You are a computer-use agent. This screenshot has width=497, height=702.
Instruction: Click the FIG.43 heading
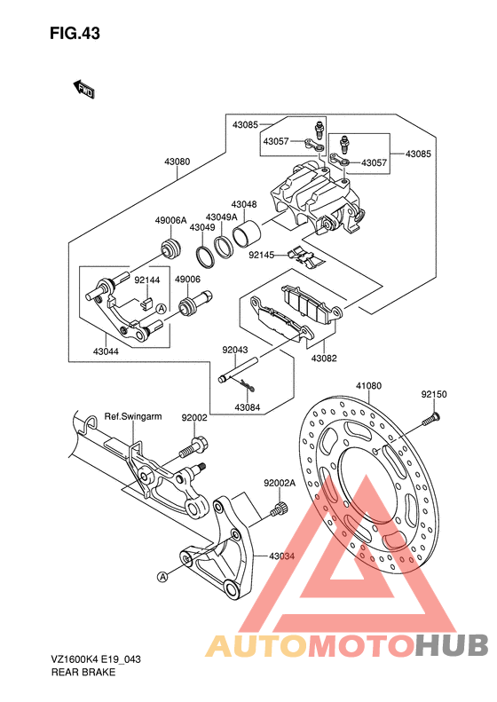tap(75, 34)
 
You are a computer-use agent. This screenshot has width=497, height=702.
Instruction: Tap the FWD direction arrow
tap(83, 89)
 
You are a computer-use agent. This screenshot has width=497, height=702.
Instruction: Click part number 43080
tap(177, 162)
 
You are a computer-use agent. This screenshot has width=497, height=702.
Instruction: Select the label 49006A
tap(170, 220)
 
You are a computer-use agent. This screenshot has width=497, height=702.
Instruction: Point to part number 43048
tap(244, 205)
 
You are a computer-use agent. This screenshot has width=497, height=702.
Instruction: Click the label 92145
tap(262, 255)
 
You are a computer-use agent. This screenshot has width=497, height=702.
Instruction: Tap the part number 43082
tap(324, 359)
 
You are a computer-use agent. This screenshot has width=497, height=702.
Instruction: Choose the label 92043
tap(235, 350)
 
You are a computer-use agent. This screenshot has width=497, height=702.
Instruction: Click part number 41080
tap(369, 385)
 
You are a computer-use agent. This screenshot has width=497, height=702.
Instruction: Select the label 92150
tap(434, 394)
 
